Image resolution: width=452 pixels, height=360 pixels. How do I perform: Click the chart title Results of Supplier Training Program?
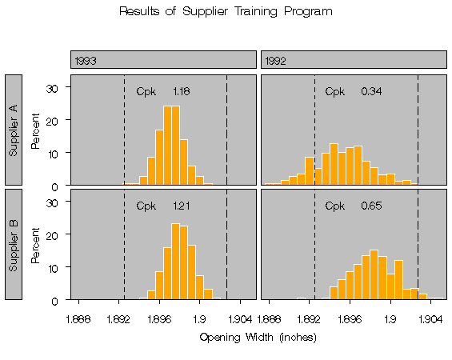pyautogui.click(x=226, y=12)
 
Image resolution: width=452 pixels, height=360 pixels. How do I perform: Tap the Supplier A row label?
pyautogui.click(x=15, y=130)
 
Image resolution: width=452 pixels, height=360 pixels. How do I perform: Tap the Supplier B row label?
pyautogui.click(x=15, y=244)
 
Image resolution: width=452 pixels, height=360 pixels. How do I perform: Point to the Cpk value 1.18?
pyautogui.click(x=181, y=91)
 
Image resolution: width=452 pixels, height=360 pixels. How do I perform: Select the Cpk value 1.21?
pyautogui.click(x=181, y=206)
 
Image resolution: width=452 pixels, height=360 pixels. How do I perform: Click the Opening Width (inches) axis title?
pyautogui.click(x=257, y=337)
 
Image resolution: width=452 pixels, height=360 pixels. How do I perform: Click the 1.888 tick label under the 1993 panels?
pyautogui.click(x=78, y=318)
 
